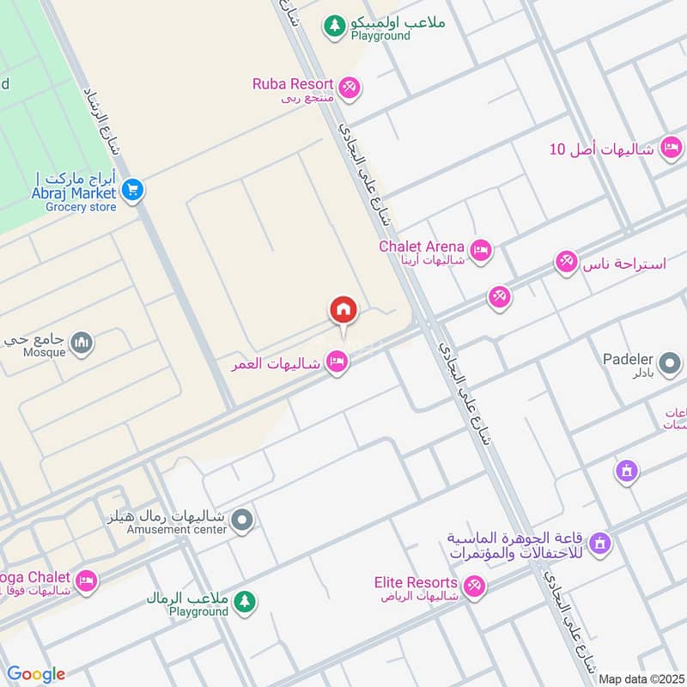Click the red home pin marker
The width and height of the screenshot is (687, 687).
[343, 310]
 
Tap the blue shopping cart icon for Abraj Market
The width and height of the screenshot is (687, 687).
[131, 190]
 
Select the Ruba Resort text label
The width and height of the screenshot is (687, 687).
[292, 83]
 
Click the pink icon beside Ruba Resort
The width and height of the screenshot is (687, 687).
[349, 86]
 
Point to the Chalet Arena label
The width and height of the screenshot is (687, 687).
[422, 246]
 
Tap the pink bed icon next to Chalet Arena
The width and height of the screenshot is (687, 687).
[481, 250]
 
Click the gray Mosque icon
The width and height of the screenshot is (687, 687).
[82, 343]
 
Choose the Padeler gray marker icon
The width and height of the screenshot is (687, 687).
[670, 365]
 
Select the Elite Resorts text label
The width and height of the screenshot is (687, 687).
[416, 582]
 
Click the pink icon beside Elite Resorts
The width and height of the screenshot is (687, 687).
[473, 587]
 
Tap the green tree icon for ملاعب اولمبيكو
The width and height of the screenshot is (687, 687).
[334, 27]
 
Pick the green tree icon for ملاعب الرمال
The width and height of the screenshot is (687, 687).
[246, 602]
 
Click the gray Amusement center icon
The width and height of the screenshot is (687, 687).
[242, 520]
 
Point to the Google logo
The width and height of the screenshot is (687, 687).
[35, 674]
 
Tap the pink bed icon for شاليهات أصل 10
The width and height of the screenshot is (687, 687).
[671, 148]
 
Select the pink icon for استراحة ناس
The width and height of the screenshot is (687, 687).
[566, 262]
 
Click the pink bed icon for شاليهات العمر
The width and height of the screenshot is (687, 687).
[337, 363]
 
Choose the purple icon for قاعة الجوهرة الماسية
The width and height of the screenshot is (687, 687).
[600, 543]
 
